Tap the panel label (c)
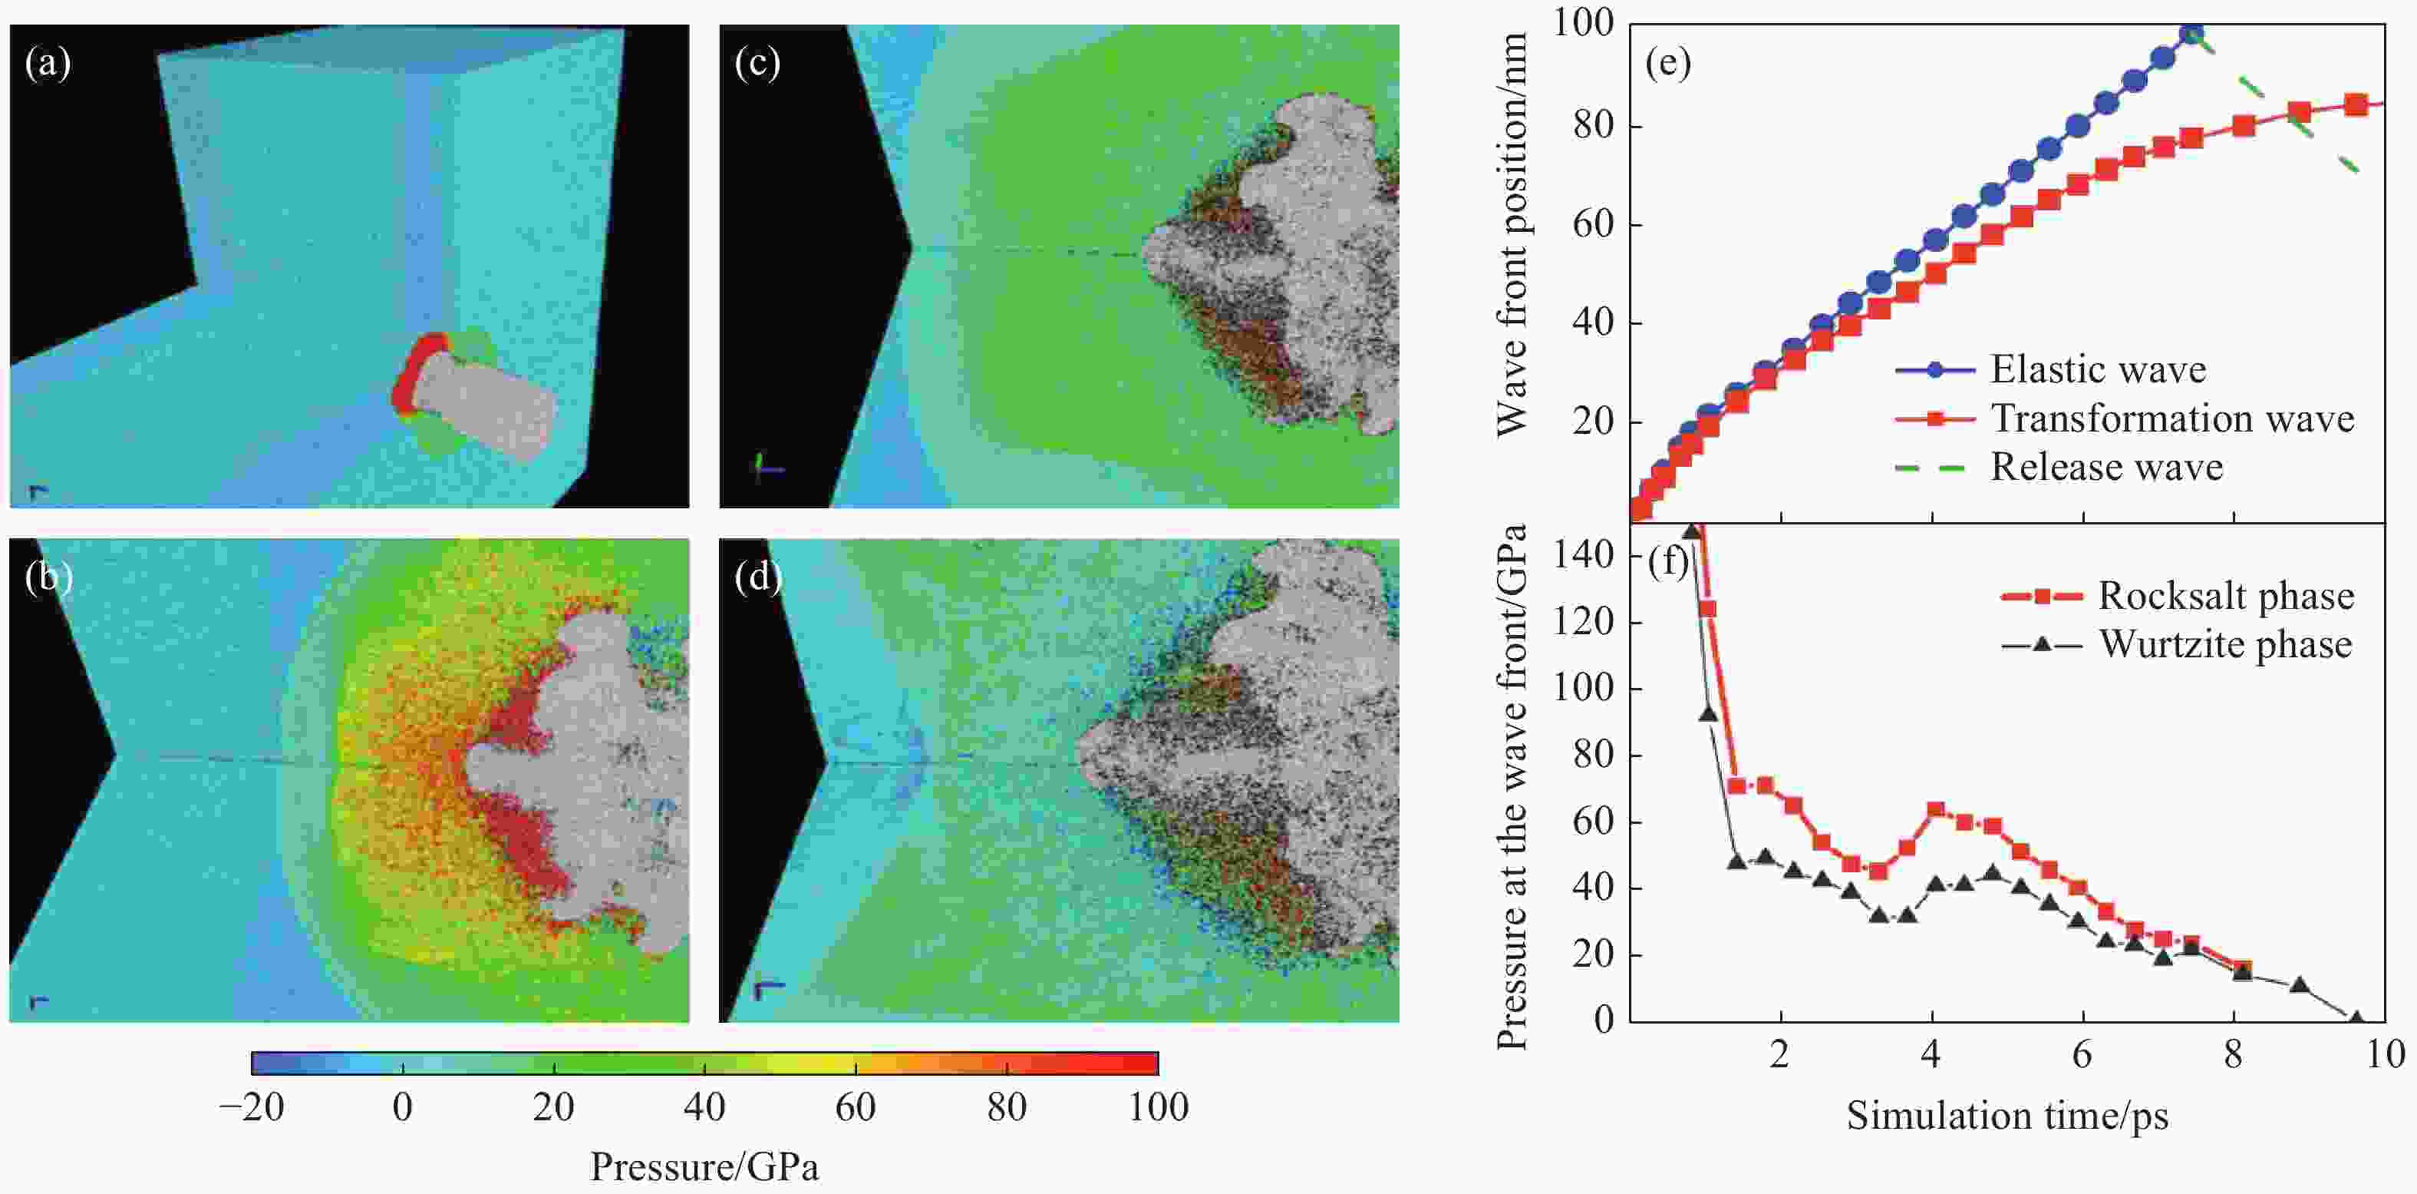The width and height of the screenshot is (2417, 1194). pos(757,64)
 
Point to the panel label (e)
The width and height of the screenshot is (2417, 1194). pos(1667,64)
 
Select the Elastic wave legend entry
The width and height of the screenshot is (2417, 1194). pos(2098,370)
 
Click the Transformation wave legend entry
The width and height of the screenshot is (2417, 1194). pos(2172,418)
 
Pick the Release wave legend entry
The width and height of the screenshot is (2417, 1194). pos(2106,468)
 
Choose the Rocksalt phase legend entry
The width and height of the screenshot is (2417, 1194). pos(2226,596)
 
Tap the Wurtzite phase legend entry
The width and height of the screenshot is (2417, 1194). pos(2226,645)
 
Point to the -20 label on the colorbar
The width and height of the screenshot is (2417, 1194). pos(252,1108)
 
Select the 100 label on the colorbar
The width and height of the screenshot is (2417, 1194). pos(1158,1108)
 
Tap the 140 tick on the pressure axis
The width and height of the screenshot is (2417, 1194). pos(1583,556)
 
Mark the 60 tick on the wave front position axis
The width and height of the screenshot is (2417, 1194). pos(1593,224)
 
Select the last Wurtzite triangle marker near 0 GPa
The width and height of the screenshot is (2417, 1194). pos(2355,1017)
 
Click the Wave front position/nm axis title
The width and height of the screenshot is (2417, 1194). pos(1512,235)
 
